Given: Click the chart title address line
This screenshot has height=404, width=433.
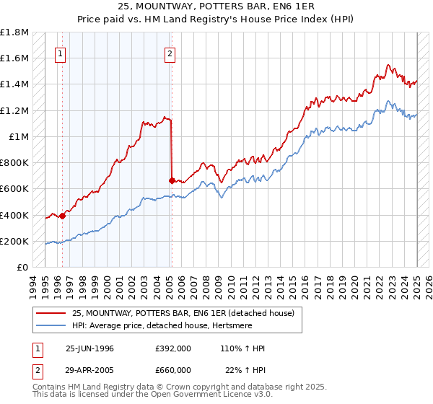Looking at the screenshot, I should [216, 7].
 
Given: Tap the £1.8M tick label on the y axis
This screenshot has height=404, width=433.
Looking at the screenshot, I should [14, 32].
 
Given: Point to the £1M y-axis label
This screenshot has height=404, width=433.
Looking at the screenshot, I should [18, 137].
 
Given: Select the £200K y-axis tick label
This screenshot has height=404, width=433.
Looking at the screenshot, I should [14, 242].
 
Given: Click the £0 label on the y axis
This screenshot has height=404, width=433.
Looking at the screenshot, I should [23, 268].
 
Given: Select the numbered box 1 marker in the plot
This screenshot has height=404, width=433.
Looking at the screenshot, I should [61, 53].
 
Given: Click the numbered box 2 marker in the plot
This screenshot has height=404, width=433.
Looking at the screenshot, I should [170, 53].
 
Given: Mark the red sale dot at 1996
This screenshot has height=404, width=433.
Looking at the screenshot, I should [63, 215].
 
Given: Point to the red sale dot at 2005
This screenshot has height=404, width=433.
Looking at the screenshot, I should [172, 180].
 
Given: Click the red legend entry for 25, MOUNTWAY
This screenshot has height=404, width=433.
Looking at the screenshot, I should [183, 314].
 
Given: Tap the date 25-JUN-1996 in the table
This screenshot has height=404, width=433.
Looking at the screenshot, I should [89, 348].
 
